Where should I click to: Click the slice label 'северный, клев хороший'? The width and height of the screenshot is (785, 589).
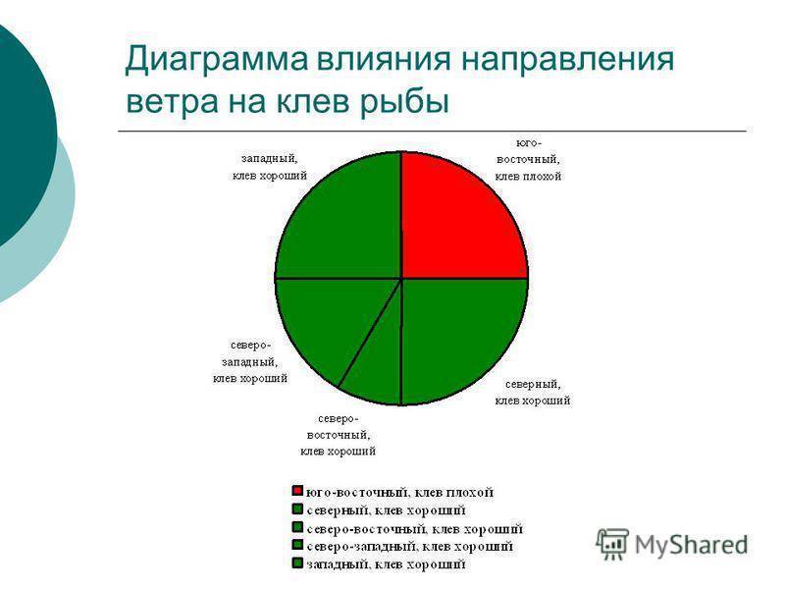click(x=533, y=392)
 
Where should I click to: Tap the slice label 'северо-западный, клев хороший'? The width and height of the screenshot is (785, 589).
click(x=250, y=361)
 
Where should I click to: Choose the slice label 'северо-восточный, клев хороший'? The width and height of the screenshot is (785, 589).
click(x=338, y=434)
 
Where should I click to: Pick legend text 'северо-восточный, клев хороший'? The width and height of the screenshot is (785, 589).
click(x=413, y=528)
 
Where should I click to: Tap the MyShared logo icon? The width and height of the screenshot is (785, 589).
click(x=612, y=543)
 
